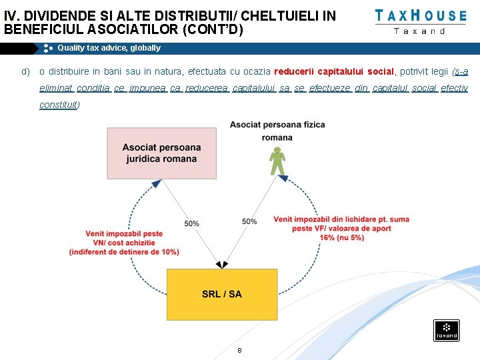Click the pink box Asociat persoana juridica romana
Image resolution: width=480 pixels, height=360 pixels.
coord(161,153)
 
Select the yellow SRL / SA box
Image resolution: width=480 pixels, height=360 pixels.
coord(222,293)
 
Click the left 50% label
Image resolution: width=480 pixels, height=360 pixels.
coord(191,223)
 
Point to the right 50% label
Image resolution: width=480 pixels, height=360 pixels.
coord(249,221)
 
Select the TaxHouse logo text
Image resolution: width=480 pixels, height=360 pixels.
coord(420,15)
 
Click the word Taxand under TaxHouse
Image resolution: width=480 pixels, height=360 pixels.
coord(420,31)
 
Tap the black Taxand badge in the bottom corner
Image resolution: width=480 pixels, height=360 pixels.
coord(446,330)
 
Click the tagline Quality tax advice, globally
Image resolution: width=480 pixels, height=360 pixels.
coord(109,48)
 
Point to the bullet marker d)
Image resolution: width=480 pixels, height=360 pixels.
coord(25,71)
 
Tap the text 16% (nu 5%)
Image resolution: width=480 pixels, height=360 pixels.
coord(342,237)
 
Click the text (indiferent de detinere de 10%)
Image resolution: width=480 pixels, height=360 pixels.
coord(124,251)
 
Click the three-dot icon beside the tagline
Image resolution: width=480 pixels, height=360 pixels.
coord(48,48)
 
